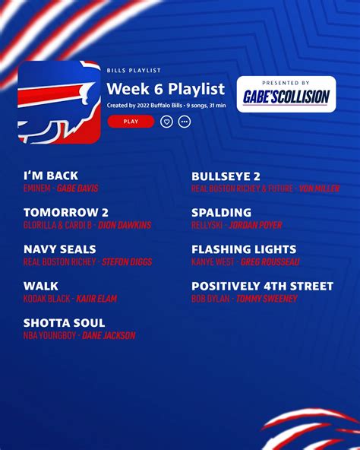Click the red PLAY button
pyautogui.click(x=131, y=122)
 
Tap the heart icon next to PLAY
pyautogui.click(x=166, y=122)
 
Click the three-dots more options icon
pyautogui.click(x=184, y=122)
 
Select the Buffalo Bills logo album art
pyautogui.click(x=59, y=102)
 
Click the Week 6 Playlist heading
pyautogui.click(x=166, y=88)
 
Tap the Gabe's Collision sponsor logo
pyautogui.click(x=286, y=94)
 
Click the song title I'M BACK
pyautogui.click(x=51, y=176)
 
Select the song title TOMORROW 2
pyautogui.click(x=66, y=213)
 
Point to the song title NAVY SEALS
pyautogui.click(x=60, y=249)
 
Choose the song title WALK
pyautogui.click(x=41, y=286)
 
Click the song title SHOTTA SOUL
pyautogui.click(x=65, y=323)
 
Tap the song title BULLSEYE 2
pyautogui.click(x=226, y=176)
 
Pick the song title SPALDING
pyautogui.click(x=222, y=213)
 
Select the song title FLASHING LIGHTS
pyautogui.click(x=244, y=249)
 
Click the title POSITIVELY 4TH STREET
pyautogui.click(x=263, y=286)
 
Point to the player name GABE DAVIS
pyautogui.click(x=77, y=189)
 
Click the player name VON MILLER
pyautogui.click(x=319, y=189)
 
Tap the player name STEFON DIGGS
pyautogui.click(x=127, y=261)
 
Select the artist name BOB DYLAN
pyautogui.click(x=210, y=299)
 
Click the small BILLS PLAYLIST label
pyautogui.click(x=134, y=70)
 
